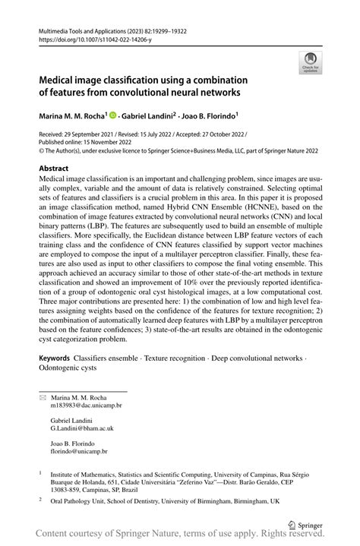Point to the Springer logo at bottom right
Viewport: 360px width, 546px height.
coord(305,523)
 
